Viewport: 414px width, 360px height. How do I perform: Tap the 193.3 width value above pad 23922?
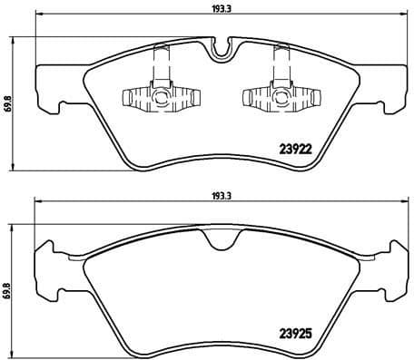[217, 10]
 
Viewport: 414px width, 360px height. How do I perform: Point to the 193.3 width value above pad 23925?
[217, 194]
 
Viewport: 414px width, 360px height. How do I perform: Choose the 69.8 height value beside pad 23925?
[8, 289]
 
